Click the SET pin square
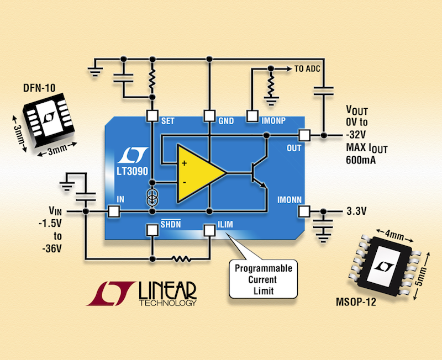151,115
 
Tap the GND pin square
209,115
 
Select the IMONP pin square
252,115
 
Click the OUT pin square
303,135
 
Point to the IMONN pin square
303,211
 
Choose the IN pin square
113,211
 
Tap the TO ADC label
307,69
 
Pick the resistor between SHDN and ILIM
180,258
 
